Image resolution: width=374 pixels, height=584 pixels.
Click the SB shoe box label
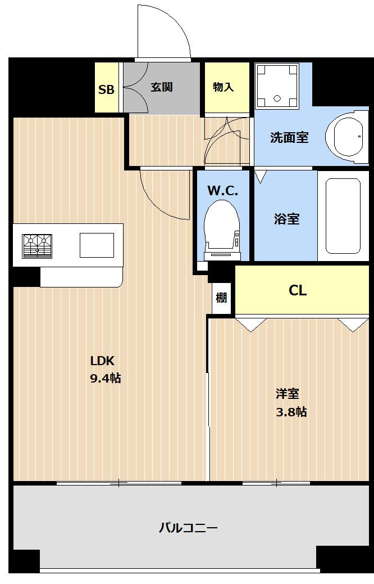coord(106,89)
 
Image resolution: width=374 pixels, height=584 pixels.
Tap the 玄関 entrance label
coord(162,87)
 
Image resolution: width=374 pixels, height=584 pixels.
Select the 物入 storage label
coord(224,87)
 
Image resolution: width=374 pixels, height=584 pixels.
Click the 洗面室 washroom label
coord(289,137)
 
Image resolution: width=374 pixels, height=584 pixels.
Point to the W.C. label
coord(222,191)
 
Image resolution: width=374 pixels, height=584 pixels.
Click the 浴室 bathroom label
coord(286,219)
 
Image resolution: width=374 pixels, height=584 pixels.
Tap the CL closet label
coord(298,290)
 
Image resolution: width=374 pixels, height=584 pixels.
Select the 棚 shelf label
coord(221,298)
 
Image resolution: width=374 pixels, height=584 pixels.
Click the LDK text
coord(102,361)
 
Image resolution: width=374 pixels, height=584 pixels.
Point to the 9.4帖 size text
coord(106,378)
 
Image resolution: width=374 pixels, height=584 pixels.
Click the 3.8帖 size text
coord(291,411)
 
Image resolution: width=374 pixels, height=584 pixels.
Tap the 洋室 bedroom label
coord(288,394)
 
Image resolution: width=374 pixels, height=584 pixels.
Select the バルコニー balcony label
coord(188,528)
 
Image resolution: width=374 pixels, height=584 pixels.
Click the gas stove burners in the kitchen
coord(37,246)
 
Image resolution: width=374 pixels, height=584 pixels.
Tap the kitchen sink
coord(97,245)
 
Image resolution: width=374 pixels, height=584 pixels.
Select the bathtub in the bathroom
coord(343,216)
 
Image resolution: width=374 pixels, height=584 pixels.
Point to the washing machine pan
coord(277,86)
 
